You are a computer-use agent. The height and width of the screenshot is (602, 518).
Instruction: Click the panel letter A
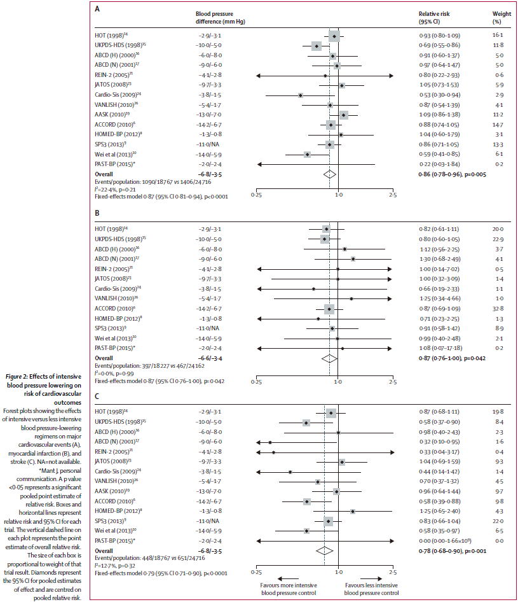point(97,10)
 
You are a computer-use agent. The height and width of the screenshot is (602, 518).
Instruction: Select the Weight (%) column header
point(501,17)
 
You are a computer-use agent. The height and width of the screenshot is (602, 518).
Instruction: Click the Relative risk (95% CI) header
point(438,17)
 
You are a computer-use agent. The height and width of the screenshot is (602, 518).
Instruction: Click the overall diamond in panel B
point(329,360)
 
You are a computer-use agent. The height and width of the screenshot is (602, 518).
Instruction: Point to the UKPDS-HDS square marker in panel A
point(317,46)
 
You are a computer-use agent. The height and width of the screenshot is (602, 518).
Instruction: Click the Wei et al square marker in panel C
point(307,530)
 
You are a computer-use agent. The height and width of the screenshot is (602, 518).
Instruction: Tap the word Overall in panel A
point(104,173)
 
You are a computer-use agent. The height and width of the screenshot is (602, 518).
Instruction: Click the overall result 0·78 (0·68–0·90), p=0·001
point(453,550)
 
